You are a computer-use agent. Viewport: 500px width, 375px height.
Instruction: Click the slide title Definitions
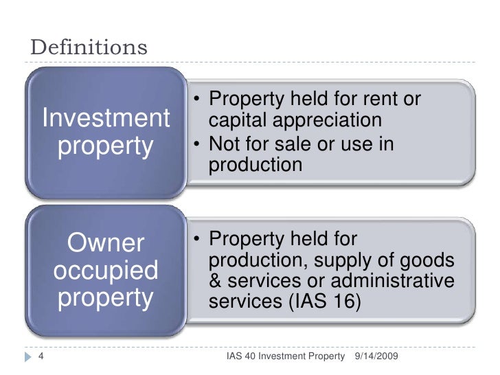(89, 48)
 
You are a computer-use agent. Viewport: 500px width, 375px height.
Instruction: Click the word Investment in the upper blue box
(106, 119)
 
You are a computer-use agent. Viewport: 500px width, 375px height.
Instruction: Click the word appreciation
(322, 121)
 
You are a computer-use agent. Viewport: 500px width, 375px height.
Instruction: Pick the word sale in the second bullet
(295, 144)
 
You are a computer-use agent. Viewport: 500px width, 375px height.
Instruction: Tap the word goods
(429, 262)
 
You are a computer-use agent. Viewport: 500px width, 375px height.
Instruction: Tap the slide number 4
(39, 356)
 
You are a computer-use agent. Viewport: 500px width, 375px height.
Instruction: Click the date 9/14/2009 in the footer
(376, 356)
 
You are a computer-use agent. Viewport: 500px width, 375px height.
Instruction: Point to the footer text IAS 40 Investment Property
(286, 356)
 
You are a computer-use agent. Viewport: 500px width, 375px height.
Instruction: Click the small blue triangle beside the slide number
(26, 356)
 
